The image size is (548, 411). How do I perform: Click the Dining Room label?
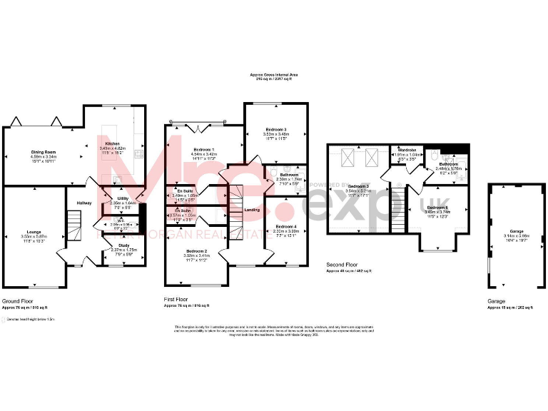tap(43, 152)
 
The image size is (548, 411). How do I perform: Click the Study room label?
tap(123, 245)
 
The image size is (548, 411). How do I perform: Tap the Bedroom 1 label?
tap(204, 148)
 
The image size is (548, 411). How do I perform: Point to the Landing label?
tap(252, 210)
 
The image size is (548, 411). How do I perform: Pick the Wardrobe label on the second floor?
tap(407, 150)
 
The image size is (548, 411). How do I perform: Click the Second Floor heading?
tap(342, 264)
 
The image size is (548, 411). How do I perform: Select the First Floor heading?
tap(179, 300)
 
